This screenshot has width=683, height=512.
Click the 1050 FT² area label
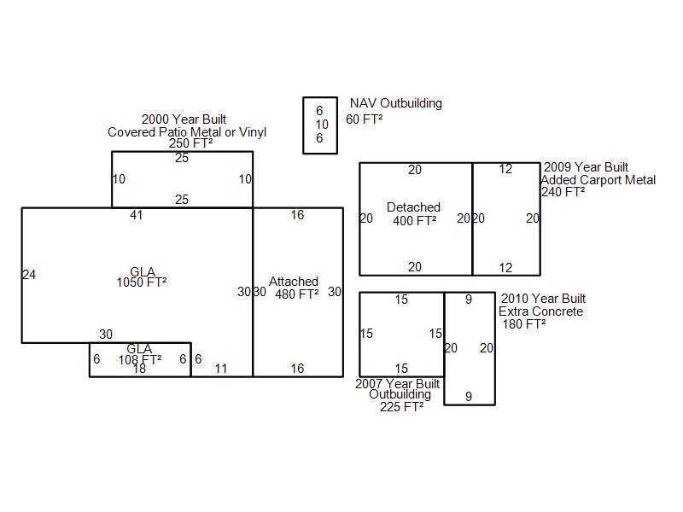[x=142, y=282]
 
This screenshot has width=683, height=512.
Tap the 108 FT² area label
[x=140, y=359]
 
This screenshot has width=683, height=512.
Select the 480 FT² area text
[x=296, y=294]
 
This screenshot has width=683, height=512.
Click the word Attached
[x=294, y=282]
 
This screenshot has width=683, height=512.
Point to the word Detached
[x=413, y=207]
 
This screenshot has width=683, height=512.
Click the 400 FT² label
[x=415, y=221]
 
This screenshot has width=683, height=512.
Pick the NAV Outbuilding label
[x=396, y=103]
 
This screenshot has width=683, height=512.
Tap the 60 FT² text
[x=365, y=119]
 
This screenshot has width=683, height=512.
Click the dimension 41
[x=137, y=215]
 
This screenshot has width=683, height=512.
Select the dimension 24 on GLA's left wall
[x=29, y=275]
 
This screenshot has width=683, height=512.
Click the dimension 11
[x=221, y=369]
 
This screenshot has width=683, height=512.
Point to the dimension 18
[x=139, y=369]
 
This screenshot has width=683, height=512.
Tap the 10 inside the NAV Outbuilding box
[x=322, y=125]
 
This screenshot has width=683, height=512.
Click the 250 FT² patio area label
[x=190, y=143]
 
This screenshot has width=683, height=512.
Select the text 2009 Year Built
[x=586, y=167]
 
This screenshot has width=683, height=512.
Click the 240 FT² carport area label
[x=563, y=192]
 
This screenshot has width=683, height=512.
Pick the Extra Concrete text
[x=540, y=311]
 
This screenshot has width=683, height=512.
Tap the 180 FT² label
[x=524, y=324]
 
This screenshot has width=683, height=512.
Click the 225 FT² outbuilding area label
[x=401, y=407]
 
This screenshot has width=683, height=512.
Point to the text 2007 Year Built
[x=397, y=383]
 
